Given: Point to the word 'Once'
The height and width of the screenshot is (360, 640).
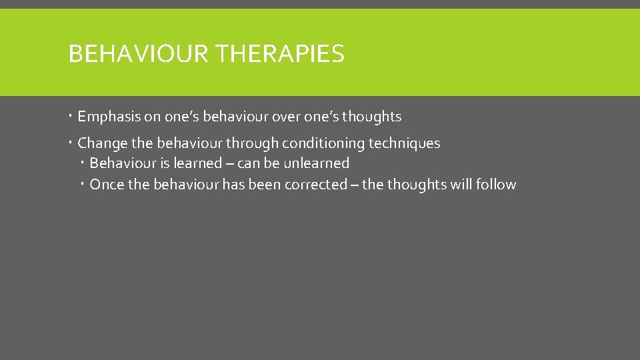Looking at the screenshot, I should click(x=106, y=185).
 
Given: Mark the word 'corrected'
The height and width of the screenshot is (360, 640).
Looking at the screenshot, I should click(x=315, y=185).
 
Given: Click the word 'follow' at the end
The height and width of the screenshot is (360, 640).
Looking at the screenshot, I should click(x=496, y=185).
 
